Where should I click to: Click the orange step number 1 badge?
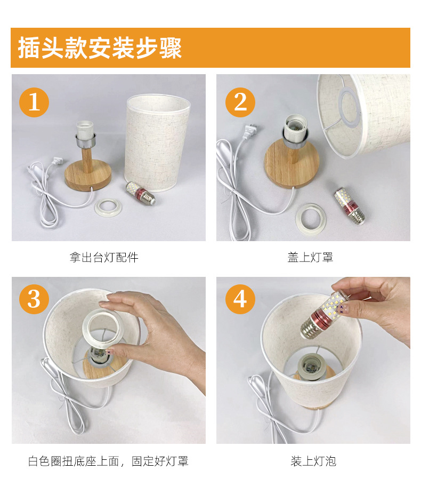(34, 102)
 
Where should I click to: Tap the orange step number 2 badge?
(240, 102)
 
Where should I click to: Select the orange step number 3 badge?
(34, 299)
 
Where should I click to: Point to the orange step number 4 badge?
(240, 299)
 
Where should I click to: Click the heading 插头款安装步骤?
(100, 48)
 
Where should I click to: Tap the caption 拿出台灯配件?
(104, 257)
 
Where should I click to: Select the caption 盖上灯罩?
(310, 257)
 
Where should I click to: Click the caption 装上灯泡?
(313, 461)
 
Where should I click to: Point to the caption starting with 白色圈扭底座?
(108, 461)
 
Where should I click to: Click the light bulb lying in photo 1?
(141, 193)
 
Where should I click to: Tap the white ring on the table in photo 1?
(108, 208)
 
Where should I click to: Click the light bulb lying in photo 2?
(350, 206)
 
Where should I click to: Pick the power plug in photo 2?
(250, 132)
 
